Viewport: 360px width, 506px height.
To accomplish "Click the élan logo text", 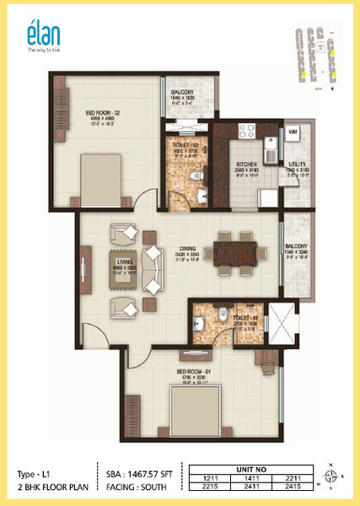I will click(x=40, y=34).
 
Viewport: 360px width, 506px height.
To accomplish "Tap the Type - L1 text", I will click(x=37, y=473).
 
